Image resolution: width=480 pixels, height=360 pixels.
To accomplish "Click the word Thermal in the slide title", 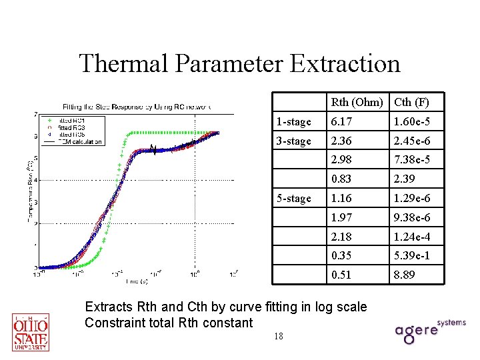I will (124, 64).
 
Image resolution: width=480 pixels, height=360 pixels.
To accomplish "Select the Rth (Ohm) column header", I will (357, 103).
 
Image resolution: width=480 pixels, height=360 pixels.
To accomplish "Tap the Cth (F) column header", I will (411, 103).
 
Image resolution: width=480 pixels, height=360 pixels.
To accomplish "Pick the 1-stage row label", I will (294, 122).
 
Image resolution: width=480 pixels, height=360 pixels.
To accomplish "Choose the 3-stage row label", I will (294, 141).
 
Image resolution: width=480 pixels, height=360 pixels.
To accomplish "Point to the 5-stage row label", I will (294, 199).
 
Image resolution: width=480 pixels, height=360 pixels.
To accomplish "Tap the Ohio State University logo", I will (31, 331).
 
